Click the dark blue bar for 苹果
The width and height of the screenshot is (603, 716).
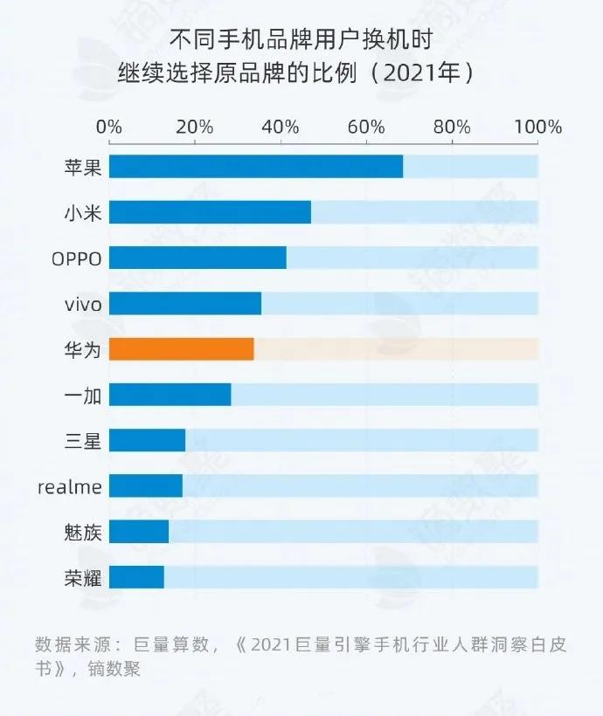tap(255, 166)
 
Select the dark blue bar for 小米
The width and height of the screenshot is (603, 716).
tap(210, 212)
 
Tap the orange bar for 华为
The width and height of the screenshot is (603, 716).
tap(181, 348)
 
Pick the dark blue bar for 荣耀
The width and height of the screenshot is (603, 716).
tap(136, 577)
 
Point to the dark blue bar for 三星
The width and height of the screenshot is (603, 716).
tap(147, 440)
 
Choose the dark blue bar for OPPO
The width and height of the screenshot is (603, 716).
tap(198, 258)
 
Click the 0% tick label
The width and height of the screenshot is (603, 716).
tap(109, 127)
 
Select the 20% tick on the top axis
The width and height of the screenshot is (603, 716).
tap(194, 127)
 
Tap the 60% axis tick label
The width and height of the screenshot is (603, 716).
tap(366, 127)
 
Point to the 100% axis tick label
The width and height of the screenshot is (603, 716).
tap(537, 127)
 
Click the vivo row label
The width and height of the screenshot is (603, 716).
tap(83, 304)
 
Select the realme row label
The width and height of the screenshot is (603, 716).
tap(70, 486)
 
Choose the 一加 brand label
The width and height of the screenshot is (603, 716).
tap(83, 396)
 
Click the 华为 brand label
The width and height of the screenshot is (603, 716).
tap(83, 349)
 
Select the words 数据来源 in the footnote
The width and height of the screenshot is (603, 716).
tap(70, 645)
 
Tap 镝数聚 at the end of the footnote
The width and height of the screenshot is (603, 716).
tap(119, 670)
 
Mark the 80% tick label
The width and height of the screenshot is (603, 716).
tap(452, 127)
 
